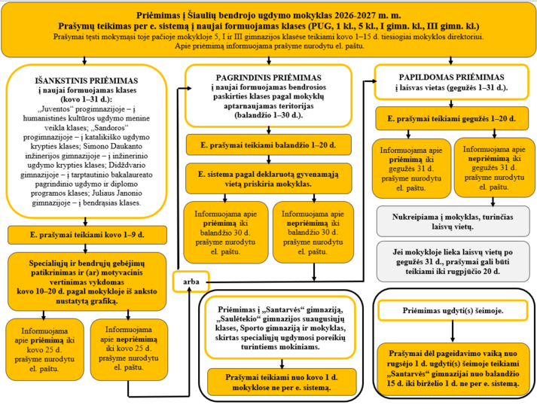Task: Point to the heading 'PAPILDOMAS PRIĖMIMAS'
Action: [x=451, y=78]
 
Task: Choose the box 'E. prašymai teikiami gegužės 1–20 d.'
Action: [x=451, y=120]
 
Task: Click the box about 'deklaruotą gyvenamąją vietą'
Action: [x=268, y=178]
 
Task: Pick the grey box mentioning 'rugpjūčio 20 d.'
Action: [x=451, y=260]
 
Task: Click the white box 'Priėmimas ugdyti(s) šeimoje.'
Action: [x=451, y=310]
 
